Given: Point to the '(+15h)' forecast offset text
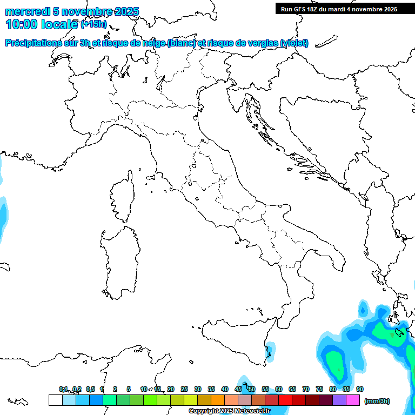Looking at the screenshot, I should pos(93,24).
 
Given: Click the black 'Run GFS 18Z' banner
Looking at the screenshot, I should pos(339,9).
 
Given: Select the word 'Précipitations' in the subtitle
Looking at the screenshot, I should pos(37,43).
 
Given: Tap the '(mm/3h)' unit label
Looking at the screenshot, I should pos(377,401).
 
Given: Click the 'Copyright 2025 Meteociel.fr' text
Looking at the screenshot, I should pos(229,411).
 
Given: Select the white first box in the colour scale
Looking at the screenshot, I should pos(55,400).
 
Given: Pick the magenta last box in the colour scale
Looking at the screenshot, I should pos(353,400).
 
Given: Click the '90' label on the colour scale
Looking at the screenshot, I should pos(360,389).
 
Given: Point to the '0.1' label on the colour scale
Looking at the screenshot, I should pos(63,389).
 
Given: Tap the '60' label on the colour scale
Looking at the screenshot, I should pos(279,389).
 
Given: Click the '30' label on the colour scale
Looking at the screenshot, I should pos(198,389).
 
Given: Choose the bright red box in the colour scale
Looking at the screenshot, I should pos(285,400).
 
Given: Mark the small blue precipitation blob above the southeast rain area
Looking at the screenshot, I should pos(363,310).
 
